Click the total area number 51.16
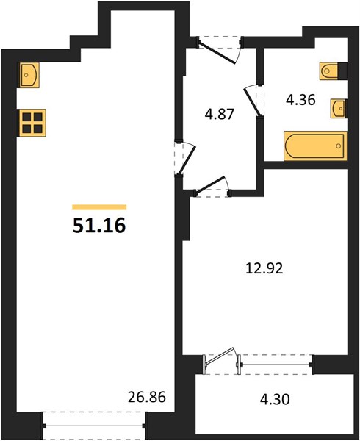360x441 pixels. (x=99, y=226)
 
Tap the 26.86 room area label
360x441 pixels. (x=147, y=397)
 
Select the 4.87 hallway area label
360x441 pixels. (x=220, y=114)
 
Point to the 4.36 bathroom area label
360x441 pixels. (x=300, y=100)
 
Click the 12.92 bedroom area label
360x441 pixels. (x=264, y=268)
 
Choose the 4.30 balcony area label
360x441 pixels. (x=275, y=399)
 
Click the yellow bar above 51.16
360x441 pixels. (x=99, y=207)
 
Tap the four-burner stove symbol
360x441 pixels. (x=32, y=123)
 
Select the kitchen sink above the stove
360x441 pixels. (x=29, y=75)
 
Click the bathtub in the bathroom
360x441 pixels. (x=315, y=146)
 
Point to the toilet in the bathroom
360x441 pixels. (x=333, y=71)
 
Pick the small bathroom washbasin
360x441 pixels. (x=339, y=108)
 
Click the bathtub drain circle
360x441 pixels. (x=339, y=146)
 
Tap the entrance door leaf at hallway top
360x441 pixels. (x=217, y=53)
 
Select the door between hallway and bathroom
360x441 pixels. (x=251, y=101)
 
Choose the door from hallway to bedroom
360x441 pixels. (x=210, y=185)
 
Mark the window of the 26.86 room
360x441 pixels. (x=94, y=426)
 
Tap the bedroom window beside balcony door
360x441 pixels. (x=276, y=365)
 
